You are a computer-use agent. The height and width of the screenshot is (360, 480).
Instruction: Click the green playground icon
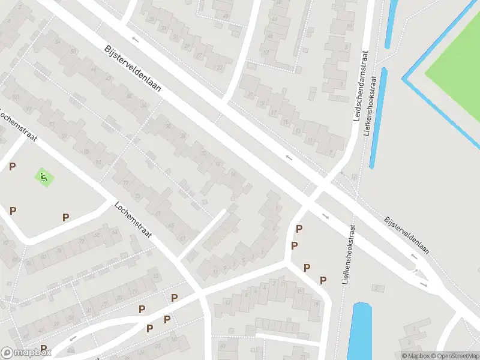43,177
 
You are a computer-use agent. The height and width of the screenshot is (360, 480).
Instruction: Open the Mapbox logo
26,353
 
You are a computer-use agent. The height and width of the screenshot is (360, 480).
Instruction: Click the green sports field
456,72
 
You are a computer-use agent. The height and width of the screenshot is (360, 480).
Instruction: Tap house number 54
58,41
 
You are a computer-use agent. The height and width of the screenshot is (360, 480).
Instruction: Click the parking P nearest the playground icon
12,166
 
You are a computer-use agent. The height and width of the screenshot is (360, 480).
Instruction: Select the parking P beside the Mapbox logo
44,349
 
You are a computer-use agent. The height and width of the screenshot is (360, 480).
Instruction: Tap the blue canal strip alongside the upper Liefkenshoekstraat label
377,117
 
